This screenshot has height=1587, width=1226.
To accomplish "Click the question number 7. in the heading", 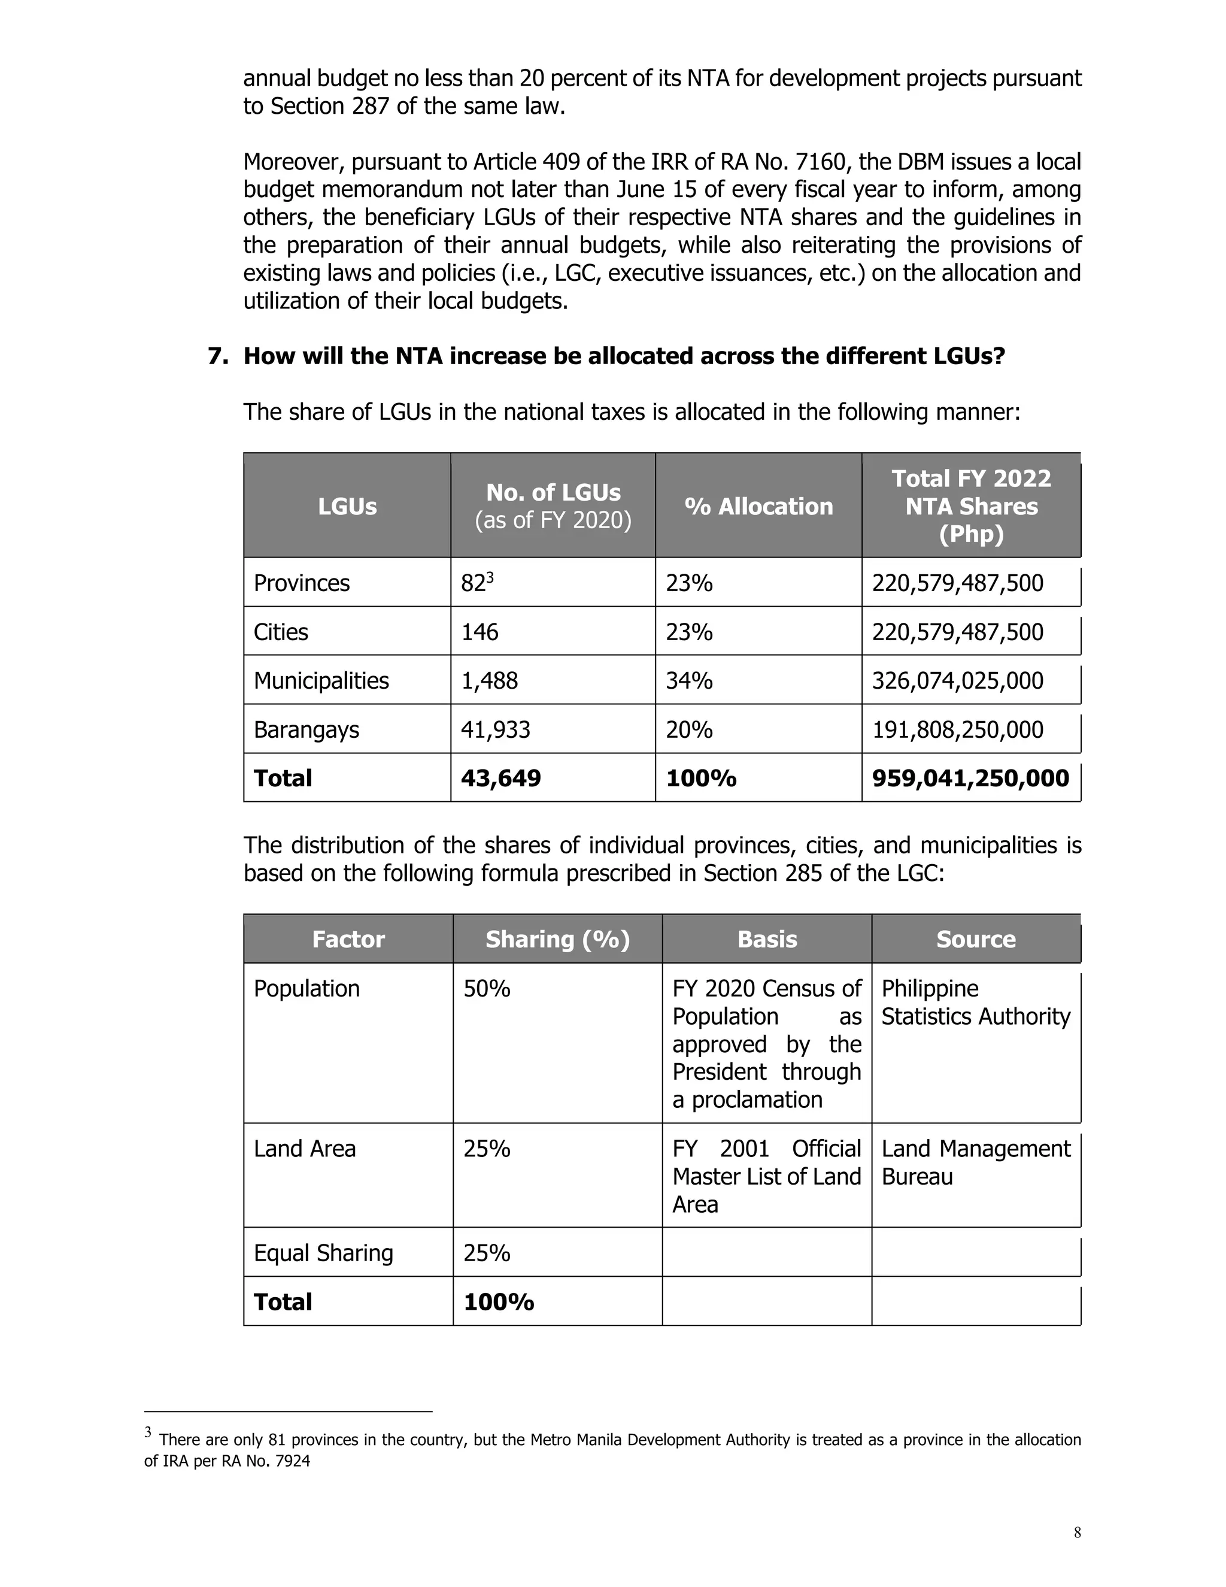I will (x=218, y=357).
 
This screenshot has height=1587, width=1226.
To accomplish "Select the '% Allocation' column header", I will (x=758, y=507).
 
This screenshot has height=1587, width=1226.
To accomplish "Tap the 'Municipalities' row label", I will (x=321, y=681).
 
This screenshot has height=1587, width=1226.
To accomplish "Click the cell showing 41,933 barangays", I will (x=495, y=729).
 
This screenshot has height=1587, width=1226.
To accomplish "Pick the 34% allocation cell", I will (x=688, y=681).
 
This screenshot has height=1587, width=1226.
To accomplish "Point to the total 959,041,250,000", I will (x=970, y=779).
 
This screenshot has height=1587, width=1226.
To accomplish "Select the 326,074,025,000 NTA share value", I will (x=957, y=681).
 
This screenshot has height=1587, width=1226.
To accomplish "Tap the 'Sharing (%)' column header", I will (x=557, y=940).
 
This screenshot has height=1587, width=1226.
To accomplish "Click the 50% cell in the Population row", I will (x=487, y=989).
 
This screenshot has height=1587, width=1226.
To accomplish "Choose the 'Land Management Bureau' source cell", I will (x=975, y=1162).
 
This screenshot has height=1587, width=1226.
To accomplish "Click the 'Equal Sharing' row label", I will (x=323, y=1253).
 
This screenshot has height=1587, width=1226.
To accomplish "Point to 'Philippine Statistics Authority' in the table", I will (x=975, y=1003).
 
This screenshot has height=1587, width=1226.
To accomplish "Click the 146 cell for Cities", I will (x=480, y=632).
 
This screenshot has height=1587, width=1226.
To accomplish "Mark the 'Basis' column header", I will (x=767, y=940).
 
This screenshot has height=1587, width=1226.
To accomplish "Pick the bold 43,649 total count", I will (x=500, y=779).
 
